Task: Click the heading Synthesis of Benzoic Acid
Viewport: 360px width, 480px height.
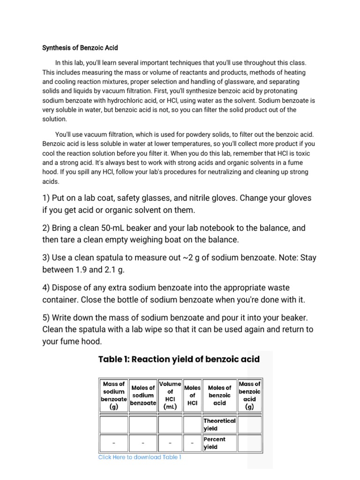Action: tap(80, 48)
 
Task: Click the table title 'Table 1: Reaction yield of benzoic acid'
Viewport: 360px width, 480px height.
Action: tap(179, 360)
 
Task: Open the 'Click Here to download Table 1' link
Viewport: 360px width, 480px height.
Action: tap(140, 457)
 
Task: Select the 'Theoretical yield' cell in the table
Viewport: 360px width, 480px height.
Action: tap(219, 425)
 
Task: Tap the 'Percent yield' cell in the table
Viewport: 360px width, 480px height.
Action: tap(219, 443)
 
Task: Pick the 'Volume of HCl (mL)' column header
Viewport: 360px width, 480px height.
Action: tap(170, 395)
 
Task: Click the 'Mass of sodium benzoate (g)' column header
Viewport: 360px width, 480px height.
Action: tap(113, 395)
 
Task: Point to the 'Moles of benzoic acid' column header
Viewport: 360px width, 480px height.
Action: tap(219, 395)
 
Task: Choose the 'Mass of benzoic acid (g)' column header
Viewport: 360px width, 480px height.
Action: tap(249, 395)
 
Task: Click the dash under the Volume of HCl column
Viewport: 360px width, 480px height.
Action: tap(170, 443)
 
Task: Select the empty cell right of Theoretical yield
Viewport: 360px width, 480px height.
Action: tap(249, 425)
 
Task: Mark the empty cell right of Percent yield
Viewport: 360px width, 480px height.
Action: tap(249, 443)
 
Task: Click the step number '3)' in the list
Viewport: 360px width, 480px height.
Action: tap(47, 257)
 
